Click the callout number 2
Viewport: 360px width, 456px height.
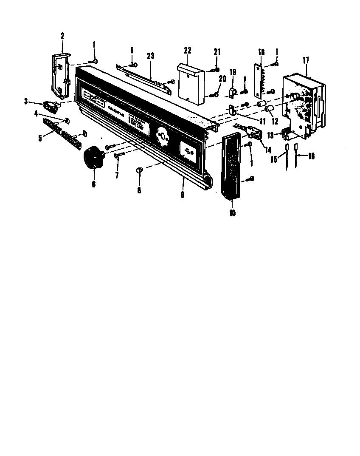pyautogui.click(x=62, y=36)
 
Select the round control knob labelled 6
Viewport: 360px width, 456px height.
pyautogui.click(x=94, y=158)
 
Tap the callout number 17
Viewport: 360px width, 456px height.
pyautogui.click(x=306, y=60)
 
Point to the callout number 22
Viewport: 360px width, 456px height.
pyautogui.click(x=187, y=50)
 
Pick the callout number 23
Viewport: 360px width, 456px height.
pyautogui.click(x=150, y=56)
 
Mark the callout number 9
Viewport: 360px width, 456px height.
pyautogui.click(x=182, y=195)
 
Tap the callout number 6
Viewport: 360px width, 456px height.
pyautogui.click(x=93, y=184)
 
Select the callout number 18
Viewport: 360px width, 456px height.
pyautogui.click(x=262, y=52)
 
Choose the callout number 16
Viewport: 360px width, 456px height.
pyautogui.click(x=311, y=156)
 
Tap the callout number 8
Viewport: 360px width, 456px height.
pyautogui.click(x=139, y=190)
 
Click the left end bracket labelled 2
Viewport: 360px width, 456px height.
pyautogui.click(x=59, y=74)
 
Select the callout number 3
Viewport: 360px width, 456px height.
pyautogui.click(x=26, y=101)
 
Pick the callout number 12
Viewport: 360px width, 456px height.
pyautogui.click(x=275, y=121)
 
